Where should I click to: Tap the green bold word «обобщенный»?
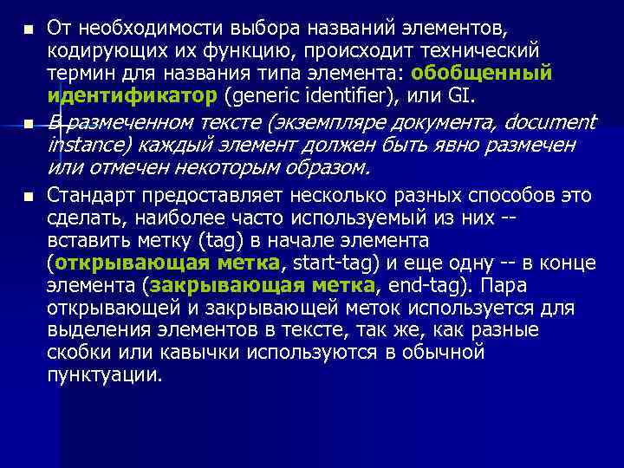click(x=484, y=72)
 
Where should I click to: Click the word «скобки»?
click(x=78, y=352)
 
